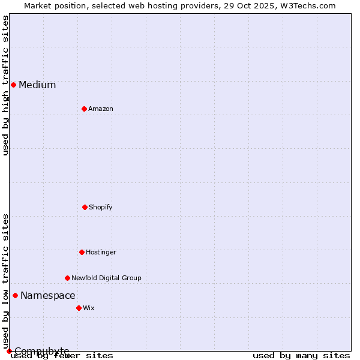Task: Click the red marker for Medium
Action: point(13,85)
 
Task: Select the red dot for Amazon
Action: point(84,109)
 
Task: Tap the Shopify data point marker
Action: point(85,207)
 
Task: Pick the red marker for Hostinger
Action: point(82,252)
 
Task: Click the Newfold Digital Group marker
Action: point(67,278)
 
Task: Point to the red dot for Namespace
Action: point(15,295)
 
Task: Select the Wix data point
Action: point(79,308)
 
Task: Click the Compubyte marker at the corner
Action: point(9,351)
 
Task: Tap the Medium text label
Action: point(37,85)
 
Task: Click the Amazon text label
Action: point(101,109)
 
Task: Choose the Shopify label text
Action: point(101,208)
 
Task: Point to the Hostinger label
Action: point(101,253)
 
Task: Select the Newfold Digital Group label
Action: point(106,278)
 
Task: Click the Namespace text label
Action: point(48,296)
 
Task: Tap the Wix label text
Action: point(89,308)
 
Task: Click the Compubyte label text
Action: point(42,351)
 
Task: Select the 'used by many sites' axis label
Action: point(301,356)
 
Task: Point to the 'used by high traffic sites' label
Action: point(6,85)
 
